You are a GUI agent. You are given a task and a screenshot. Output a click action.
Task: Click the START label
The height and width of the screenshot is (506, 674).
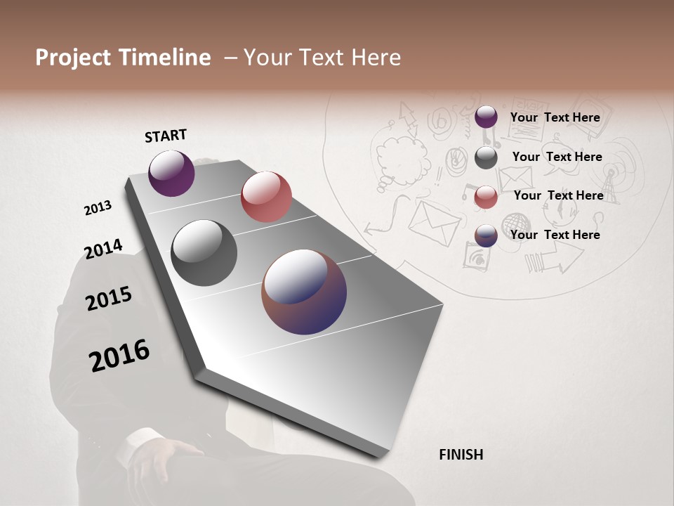pos(166,136)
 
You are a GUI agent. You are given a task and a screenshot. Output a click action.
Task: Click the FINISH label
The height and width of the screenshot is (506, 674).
pos(461,455)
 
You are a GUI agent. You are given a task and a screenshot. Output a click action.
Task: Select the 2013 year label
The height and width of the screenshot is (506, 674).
pos(98,208)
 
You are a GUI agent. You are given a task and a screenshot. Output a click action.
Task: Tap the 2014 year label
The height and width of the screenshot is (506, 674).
pos(103,249)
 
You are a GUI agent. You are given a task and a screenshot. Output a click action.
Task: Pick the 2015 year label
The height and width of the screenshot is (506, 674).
pos(109,299)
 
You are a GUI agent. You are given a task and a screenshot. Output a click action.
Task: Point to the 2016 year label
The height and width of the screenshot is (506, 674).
pos(119,356)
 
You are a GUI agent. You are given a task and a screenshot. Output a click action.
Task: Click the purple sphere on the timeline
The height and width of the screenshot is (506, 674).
pos(171,173)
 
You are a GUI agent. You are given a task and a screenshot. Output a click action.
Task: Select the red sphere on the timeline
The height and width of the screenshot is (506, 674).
pos(266,197)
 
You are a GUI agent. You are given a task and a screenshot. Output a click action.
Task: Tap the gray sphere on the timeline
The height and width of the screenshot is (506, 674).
pos(204,253)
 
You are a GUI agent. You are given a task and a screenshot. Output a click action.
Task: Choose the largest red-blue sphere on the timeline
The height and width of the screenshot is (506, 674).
pos(304,292)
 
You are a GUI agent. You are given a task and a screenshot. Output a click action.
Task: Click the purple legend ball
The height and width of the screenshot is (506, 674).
pos(486,117)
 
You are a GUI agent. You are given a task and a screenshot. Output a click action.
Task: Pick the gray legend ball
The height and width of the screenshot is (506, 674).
pos(486,157)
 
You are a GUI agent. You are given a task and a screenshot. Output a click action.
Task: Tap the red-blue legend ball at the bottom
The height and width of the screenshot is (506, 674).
pos(486,235)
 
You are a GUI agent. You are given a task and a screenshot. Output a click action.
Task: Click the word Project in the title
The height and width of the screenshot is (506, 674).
pos(74,58)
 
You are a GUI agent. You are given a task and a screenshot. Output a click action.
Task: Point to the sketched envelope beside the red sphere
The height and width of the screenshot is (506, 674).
pos(434,220)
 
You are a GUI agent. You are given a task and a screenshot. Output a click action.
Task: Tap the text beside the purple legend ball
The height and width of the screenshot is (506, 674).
pos(555,117)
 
